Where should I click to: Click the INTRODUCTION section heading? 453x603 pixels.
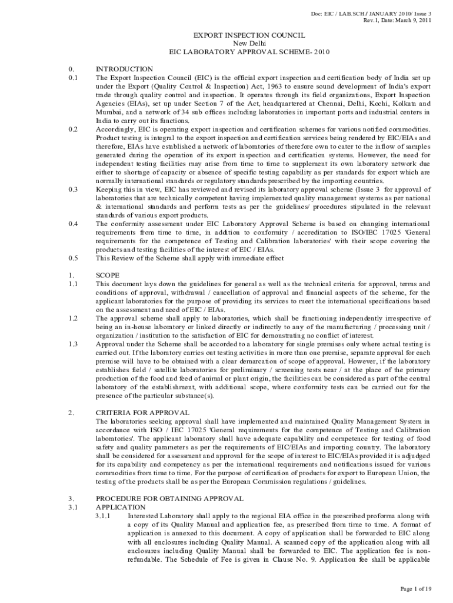124,69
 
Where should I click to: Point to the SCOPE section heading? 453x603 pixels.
108,275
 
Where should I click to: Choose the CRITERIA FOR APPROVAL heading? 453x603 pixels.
142,413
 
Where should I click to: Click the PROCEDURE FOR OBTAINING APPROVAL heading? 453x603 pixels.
169,498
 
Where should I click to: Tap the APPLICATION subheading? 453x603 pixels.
121,506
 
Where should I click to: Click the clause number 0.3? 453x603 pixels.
73,190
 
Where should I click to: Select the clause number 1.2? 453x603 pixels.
73,318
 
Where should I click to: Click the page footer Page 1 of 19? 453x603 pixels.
416,588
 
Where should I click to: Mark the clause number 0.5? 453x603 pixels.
73,258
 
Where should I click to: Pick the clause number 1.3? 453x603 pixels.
73,344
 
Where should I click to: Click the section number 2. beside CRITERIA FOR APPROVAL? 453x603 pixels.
71,413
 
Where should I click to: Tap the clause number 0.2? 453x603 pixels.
73,129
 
